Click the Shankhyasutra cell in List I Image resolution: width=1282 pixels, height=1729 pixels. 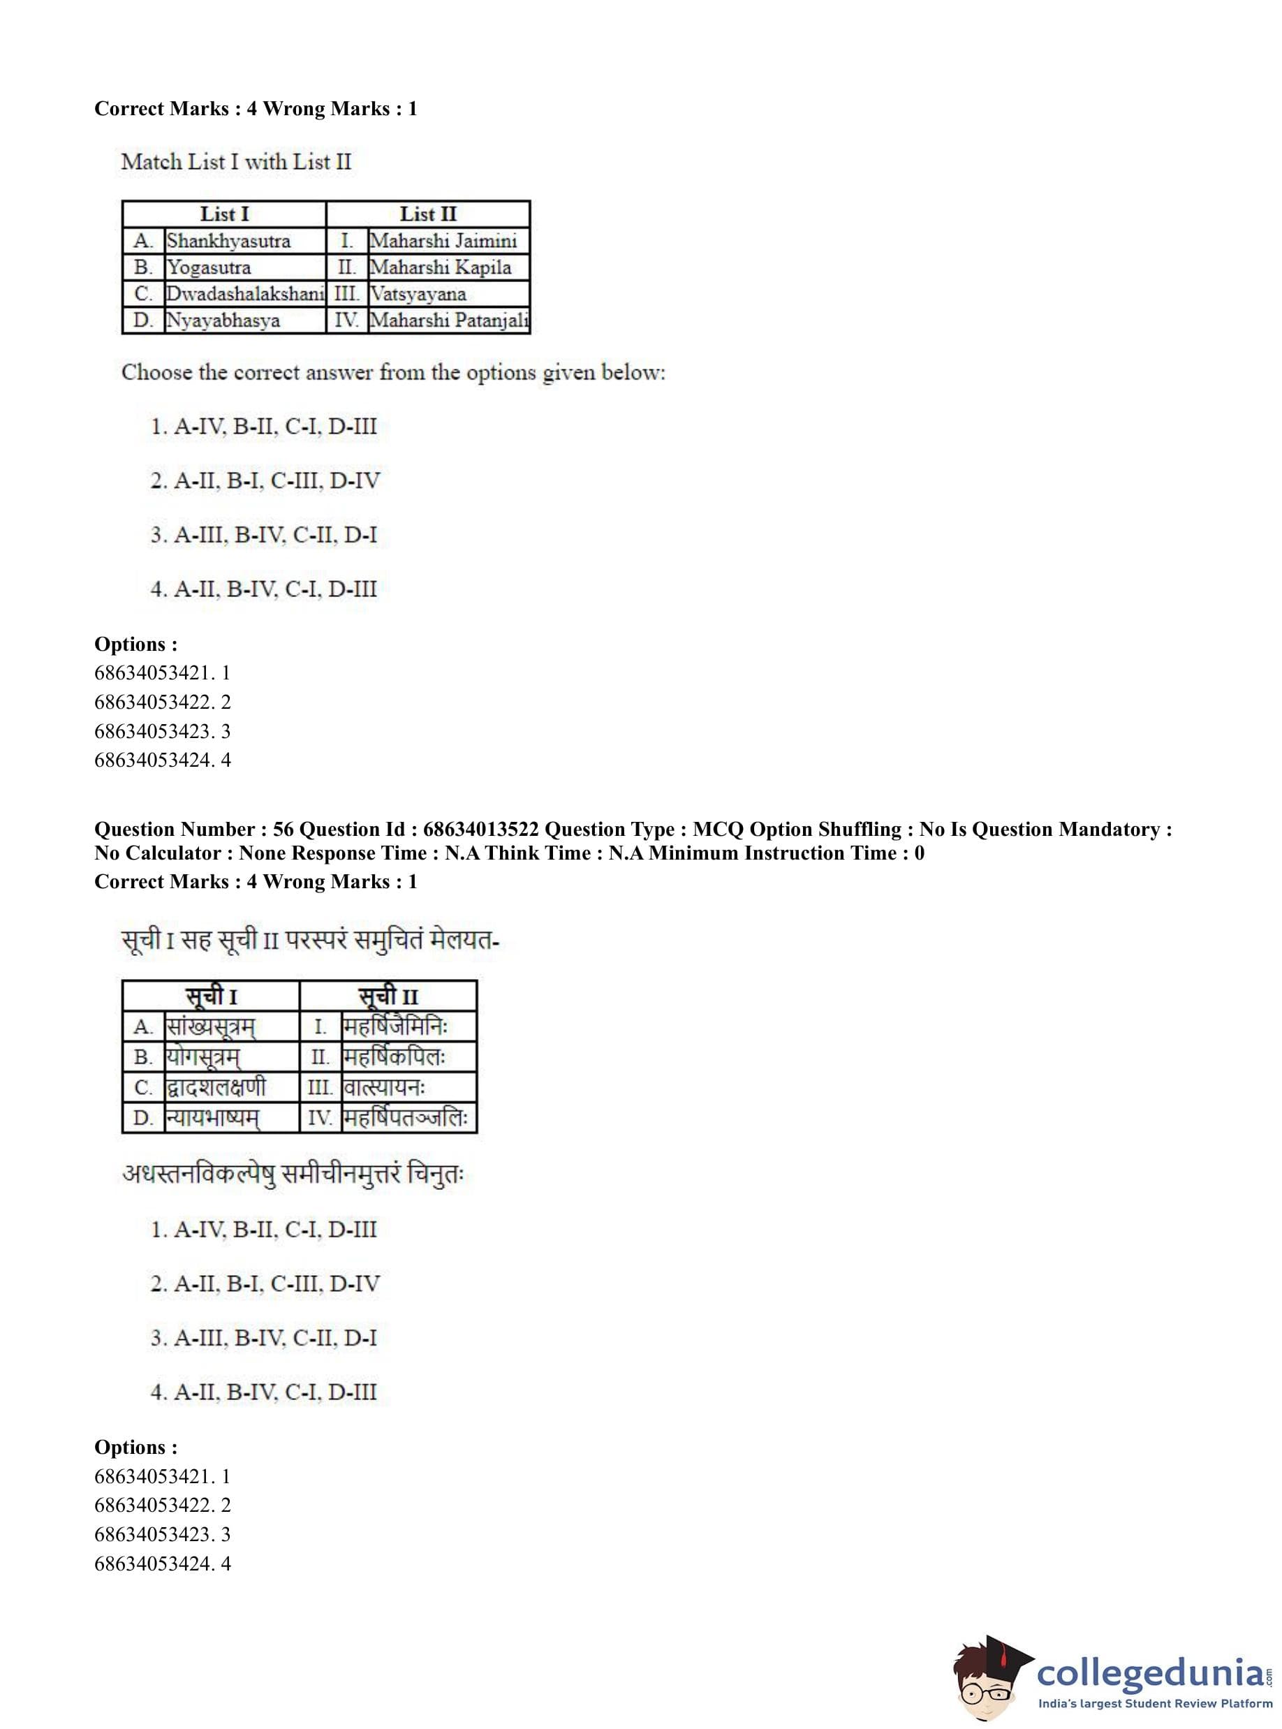[229, 241]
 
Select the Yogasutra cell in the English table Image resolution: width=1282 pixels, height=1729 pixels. [209, 267]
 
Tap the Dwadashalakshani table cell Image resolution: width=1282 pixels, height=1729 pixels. [244, 293]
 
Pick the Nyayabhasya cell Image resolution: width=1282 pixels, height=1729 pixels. [223, 320]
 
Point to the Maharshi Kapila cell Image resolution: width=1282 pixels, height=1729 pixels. [440, 267]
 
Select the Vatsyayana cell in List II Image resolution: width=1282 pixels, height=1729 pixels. [418, 293]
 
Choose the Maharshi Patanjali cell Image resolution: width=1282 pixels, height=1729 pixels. [448, 320]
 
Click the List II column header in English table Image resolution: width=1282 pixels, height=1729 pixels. [427, 214]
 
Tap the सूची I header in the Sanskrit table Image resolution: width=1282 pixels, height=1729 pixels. [211, 996]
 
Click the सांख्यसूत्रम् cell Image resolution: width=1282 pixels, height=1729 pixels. [210, 1027]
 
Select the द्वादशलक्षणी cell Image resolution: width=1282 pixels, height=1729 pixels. [216, 1087]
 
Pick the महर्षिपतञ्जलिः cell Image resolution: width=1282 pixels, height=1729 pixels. [406, 1117]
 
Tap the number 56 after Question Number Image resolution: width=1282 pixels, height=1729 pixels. [283, 829]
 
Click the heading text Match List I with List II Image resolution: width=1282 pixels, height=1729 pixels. [237, 161]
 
